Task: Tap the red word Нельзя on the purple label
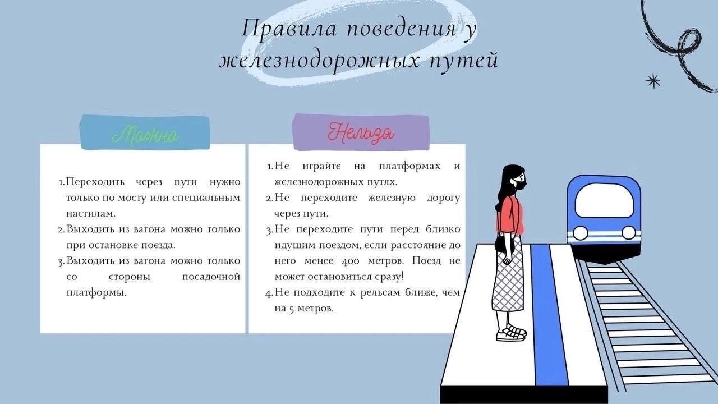[x=361, y=133]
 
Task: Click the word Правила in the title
[x=289, y=29]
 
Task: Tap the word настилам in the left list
[x=91, y=214]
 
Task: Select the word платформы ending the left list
[x=96, y=293]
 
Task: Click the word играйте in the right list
[x=321, y=167]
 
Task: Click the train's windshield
[x=604, y=202]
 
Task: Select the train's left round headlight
[x=580, y=233]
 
